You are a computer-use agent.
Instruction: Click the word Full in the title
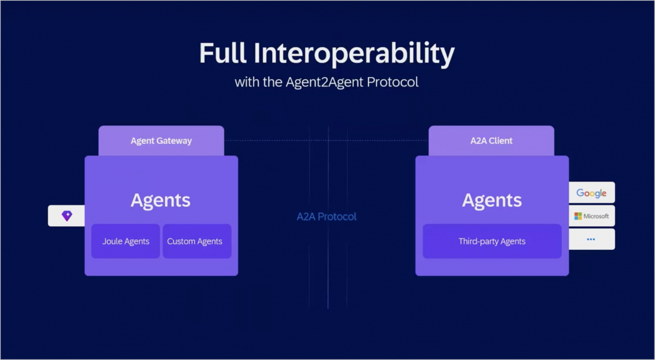point(223,53)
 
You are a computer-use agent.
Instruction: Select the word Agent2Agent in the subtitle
point(324,83)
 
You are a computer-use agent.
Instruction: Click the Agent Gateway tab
point(161,140)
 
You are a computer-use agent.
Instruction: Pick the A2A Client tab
point(491,140)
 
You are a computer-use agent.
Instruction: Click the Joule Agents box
point(126,241)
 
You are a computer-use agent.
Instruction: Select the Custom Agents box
point(197,241)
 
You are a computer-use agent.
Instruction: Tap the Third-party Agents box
point(492,241)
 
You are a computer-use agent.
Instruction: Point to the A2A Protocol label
point(326,217)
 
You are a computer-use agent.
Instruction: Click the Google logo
point(591,193)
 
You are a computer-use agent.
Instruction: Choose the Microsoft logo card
point(592,216)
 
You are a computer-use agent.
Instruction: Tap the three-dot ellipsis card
point(592,239)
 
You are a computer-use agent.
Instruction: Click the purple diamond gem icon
point(67,215)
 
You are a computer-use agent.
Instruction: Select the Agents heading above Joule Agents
point(161,201)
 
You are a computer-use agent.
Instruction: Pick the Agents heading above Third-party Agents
point(492,201)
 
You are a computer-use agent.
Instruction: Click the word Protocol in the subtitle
point(392,82)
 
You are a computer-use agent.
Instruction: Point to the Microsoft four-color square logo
point(578,216)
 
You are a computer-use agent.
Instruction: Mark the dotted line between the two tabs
point(326,140)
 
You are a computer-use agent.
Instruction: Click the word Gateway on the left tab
point(174,141)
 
